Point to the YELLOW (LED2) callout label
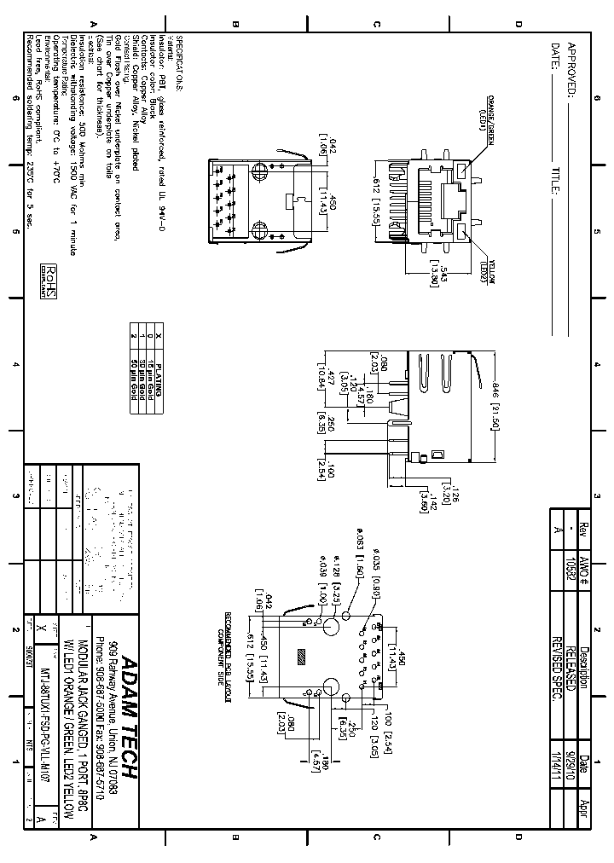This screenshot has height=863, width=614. [491, 271]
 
